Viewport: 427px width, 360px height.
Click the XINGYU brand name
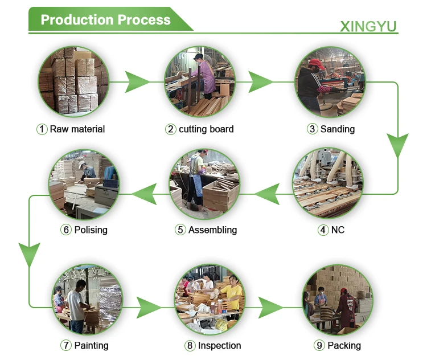368,26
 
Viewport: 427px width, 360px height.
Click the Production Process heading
105,20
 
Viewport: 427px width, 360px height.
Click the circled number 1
42,129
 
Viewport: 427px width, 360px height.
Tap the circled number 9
319,345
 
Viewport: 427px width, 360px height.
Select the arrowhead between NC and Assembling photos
267,195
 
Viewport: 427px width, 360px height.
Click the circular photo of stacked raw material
74,81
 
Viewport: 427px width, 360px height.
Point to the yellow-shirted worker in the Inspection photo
232,294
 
